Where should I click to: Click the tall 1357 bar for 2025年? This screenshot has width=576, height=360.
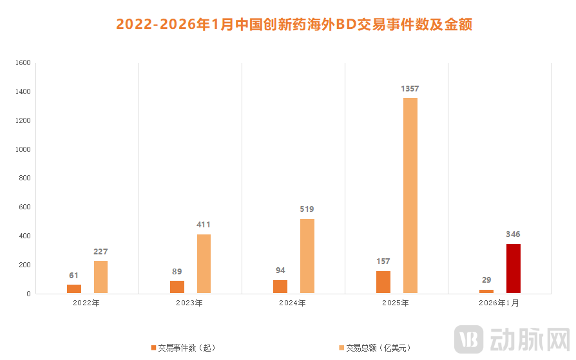click(410, 195)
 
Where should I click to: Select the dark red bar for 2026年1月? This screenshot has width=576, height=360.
click(514, 269)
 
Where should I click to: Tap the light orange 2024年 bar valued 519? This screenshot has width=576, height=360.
click(307, 256)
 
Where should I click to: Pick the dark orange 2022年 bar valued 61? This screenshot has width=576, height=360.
click(74, 289)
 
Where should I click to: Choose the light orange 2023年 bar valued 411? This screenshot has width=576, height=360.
click(204, 263)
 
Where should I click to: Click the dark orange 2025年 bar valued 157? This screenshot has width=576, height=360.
click(383, 282)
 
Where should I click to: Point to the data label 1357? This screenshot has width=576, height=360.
click(410, 88)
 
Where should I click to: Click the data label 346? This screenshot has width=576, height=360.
click(514, 234)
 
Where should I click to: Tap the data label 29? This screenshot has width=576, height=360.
click(486, 280)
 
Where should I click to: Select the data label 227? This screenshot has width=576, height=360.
click(101, 251)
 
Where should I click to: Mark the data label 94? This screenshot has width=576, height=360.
click(280, 270)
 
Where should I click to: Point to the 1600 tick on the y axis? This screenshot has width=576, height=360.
click(23, 63)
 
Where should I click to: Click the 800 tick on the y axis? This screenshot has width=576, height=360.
click(24, 178)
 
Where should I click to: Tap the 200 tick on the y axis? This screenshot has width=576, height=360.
click(24, 265)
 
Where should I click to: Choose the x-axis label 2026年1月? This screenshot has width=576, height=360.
click(500, 303)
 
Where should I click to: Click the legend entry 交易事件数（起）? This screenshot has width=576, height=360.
click(184, 348)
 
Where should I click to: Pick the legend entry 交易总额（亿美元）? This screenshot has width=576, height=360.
click(375, 348)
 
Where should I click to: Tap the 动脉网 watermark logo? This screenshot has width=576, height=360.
click(512, 338)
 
